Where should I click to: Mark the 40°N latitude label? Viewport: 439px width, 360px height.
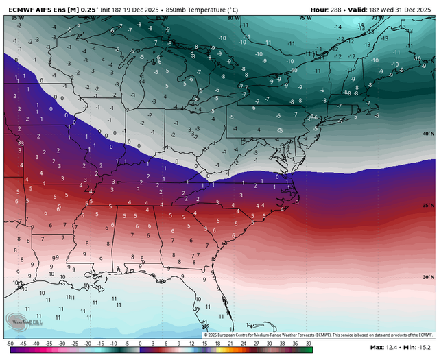[x=428, y=134]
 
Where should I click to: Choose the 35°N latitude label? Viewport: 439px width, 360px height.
[x=428, y=206]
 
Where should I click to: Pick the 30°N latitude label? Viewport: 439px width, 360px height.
[x=428, y=278]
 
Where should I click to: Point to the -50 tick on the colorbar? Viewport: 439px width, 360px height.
[x=10, y=342]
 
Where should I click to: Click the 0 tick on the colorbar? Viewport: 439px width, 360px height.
[x=141, y=342]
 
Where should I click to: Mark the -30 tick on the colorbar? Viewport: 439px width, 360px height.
[x=62, y=342]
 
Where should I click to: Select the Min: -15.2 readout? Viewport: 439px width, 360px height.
[x=414, y=352]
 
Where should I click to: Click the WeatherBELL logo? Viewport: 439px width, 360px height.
[x=25, y=321]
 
